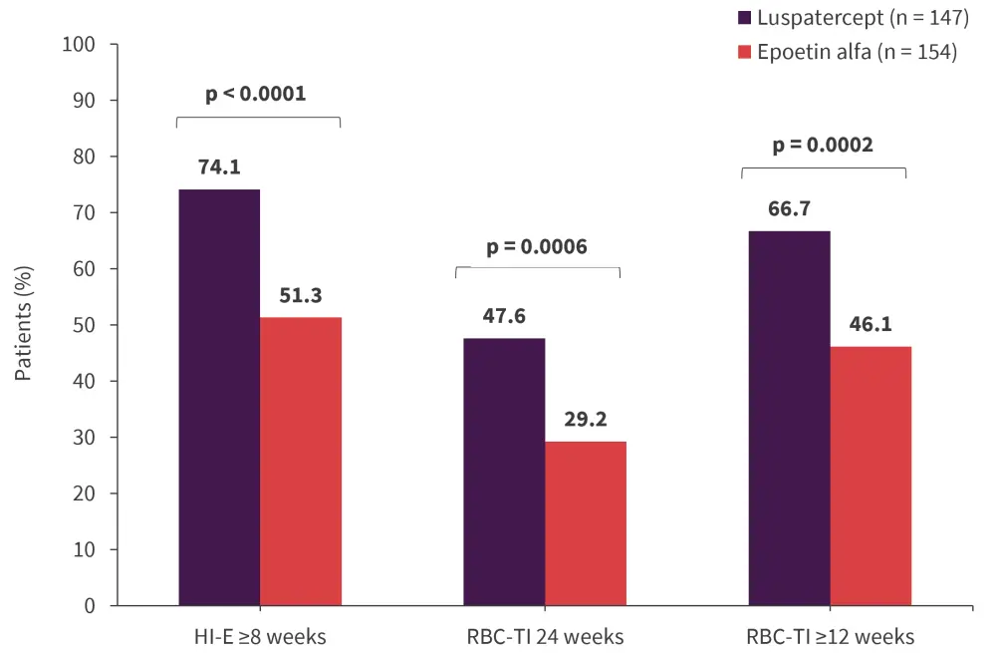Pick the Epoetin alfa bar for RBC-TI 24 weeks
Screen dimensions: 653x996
click(586, 523)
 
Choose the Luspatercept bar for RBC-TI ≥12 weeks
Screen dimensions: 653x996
click(789, 418)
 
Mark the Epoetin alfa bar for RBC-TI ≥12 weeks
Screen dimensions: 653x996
click(871, 476)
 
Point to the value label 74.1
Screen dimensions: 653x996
click(219, 167)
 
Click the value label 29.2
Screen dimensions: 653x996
click(586, 420)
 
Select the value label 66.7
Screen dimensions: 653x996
click(789, 209)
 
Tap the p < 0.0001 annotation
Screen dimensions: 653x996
click(256, 95)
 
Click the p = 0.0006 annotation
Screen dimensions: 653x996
click(538, 246)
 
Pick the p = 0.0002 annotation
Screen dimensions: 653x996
click(823, 145)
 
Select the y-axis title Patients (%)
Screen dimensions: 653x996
click(24, 325)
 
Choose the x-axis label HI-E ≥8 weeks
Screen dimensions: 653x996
click(259, 636)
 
